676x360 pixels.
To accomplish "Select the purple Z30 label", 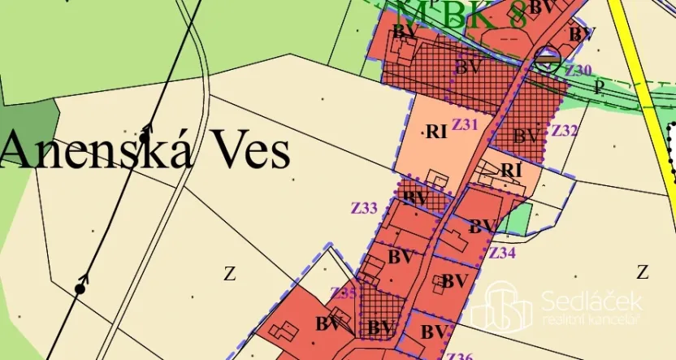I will click(x=578, y=71).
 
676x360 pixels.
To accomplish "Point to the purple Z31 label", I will click(x=466, y=124).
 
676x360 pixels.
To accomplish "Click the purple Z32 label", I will click(x=564, y=130).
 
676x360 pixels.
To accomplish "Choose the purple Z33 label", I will click(x=364, y=208).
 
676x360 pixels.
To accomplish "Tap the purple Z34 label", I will click(x=502, y=252).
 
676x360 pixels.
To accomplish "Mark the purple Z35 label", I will click(x=342, y=293).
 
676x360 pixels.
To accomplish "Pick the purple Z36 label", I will click(x=459, y=356).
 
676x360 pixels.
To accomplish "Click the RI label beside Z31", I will click(x=436, y=132).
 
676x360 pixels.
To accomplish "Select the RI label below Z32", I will click(x=510, y=170).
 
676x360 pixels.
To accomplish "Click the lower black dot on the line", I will click(x=80, y=288).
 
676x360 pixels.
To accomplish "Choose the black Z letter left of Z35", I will click(x=229, y=274).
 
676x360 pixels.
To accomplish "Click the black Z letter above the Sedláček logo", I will click(x=642, y=271).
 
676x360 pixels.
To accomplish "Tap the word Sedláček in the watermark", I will click(x=591, y=302).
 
